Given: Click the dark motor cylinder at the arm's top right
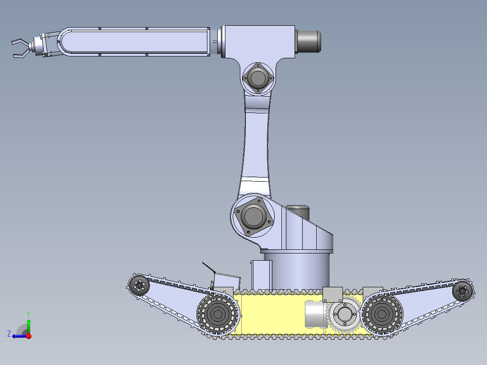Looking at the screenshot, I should [x=309, y=42].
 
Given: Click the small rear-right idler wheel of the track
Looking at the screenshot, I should [x=463, y=291].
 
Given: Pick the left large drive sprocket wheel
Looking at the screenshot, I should [x=218, y=315].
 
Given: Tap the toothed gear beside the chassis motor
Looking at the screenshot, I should [x=344, y=316].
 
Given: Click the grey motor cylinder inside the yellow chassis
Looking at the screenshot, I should [x=314, y=314].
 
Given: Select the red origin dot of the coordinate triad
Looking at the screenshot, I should [x=28, y=336].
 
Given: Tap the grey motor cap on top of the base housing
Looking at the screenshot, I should [x=297, y=211].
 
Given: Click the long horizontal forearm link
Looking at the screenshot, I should [x=136, y=42].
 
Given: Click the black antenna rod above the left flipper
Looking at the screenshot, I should [x=208, y=267].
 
